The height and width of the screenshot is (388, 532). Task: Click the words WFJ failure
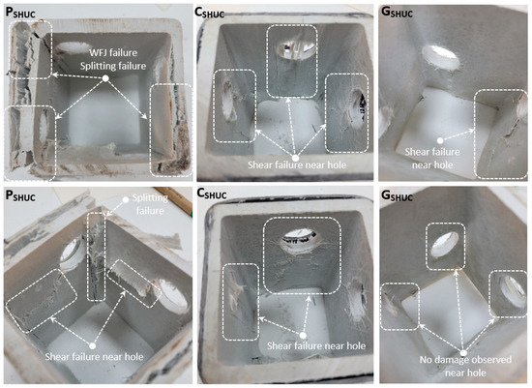pyautogui.click(x=113, y=53)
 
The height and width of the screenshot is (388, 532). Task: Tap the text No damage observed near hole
pyautogui.click(x=465, y=366)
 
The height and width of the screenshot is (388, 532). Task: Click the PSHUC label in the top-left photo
pyautogui.click(x=20, y=14)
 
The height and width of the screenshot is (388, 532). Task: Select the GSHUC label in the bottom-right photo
pyautogui.click(x=397, y=195)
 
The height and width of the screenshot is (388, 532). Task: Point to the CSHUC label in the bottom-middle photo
pyautogui.click(x=212, y=194)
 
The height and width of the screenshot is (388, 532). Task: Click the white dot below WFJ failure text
pyautogui.click(x=105, y=78)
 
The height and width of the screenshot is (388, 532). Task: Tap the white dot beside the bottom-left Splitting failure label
pyautogui.click(x=125, y=199)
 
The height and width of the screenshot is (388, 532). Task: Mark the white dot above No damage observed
pyautogui.click(x=463, y=353)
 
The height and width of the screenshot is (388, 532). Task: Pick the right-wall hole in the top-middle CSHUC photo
pyautogui.click(x=359, y=108)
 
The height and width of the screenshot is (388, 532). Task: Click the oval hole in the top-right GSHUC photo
pyautogui.click(x=440, y=57)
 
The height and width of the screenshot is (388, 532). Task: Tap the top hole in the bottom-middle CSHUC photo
pyautogui.click(x=300, y=240)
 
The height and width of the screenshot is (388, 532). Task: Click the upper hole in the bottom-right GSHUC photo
pyautogui.click(x=444, y=244)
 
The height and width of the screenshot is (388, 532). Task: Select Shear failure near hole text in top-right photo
pyautogui.click(x=432, y=159)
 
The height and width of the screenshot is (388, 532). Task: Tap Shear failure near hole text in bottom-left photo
pyautogui.click(x=94, y=357)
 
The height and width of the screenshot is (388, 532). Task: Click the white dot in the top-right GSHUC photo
pyautogui.click(x=440, y=140)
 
